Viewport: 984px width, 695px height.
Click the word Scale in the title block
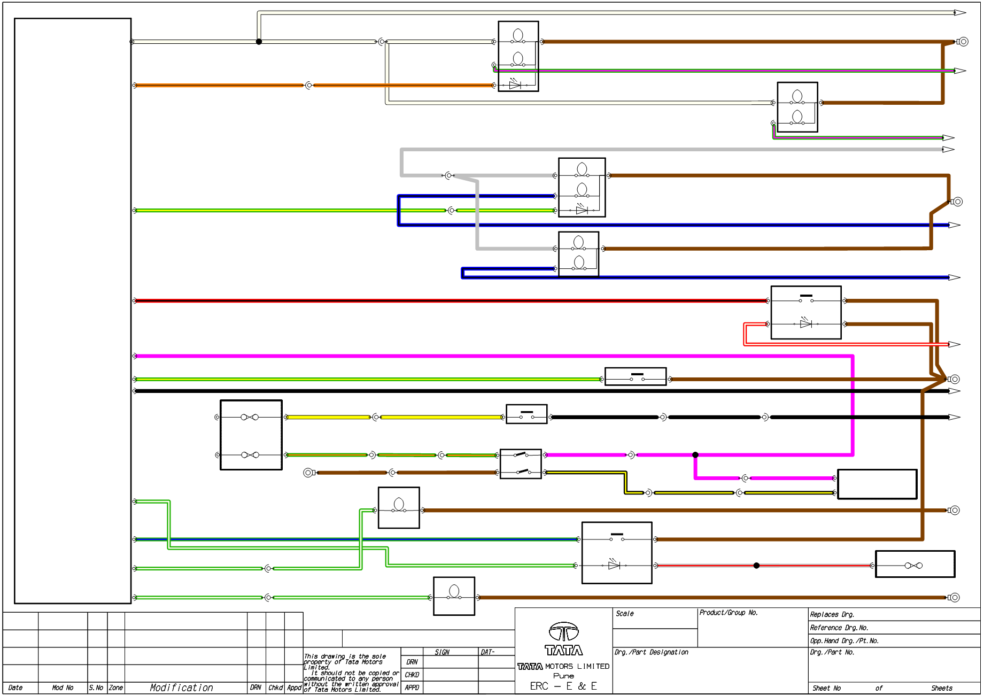[x=624, y=614]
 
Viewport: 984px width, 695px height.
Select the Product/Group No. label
[x=729, y=613]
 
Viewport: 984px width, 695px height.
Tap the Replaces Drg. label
[x=832, y=615]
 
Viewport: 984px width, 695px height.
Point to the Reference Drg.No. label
[x=839, y=628]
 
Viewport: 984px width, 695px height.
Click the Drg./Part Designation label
[x=651, y=652]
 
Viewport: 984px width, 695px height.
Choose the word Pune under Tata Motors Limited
[x=563, y=676]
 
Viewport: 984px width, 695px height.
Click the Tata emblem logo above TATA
[x=564, y=631]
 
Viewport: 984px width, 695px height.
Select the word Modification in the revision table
[x=181, y=688]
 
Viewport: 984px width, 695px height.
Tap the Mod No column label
[x=63, y=688]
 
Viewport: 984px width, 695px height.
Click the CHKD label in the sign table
[x=412, y=675]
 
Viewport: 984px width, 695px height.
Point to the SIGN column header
[x=441, y=652]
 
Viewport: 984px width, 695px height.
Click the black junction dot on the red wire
[x=756, y=566]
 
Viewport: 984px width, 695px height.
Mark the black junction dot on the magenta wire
[x=695, y=455]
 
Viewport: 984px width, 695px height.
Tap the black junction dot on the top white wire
[x=259, y=42]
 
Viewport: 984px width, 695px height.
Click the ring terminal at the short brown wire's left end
[x=308, y=473]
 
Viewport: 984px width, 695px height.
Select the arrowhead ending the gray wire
[x=948, y=150]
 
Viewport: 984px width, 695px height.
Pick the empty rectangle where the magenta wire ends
[x=877, y=484]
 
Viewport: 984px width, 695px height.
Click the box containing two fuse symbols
[x=251, y=435]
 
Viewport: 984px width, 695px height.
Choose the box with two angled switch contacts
[x=521, y=464]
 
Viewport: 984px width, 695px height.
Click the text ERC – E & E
[x=563, y=686]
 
